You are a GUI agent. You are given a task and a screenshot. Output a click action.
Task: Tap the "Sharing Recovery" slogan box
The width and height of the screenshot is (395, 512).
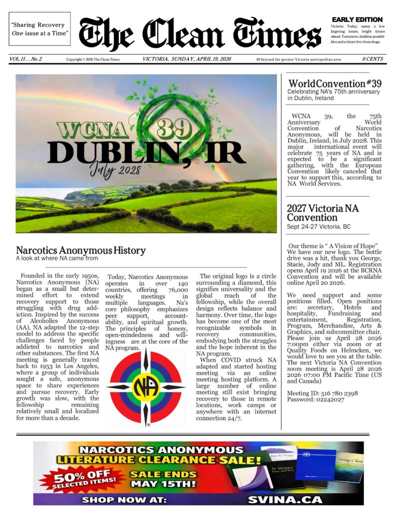39,29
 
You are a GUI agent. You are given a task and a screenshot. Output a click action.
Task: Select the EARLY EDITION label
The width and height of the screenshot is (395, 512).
357,19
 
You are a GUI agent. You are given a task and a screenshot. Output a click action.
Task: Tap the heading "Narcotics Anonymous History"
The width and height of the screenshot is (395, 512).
80,250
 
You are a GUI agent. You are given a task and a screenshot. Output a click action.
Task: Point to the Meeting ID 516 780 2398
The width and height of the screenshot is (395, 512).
322,393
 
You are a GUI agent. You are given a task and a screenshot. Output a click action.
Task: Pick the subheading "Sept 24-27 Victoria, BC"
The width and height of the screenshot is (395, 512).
319,226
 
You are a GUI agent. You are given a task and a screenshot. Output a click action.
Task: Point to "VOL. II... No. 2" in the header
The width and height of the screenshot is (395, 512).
25,59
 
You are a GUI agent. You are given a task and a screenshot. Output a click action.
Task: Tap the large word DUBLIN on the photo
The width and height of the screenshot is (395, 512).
105,151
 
